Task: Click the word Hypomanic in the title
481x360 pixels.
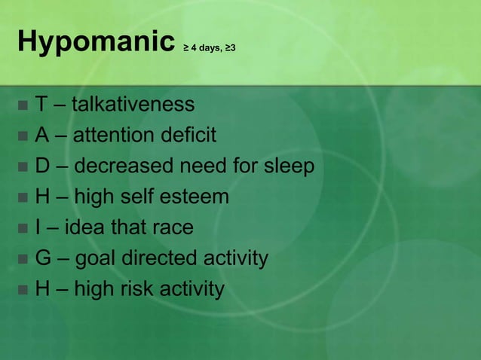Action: [x=93, y=44]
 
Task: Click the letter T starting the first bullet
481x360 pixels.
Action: [x=41, y=104]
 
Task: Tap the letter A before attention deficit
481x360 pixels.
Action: [x=42, y=135]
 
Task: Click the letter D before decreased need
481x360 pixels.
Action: [x=43, y=166]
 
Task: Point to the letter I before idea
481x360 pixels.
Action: [x=38, y=227]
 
